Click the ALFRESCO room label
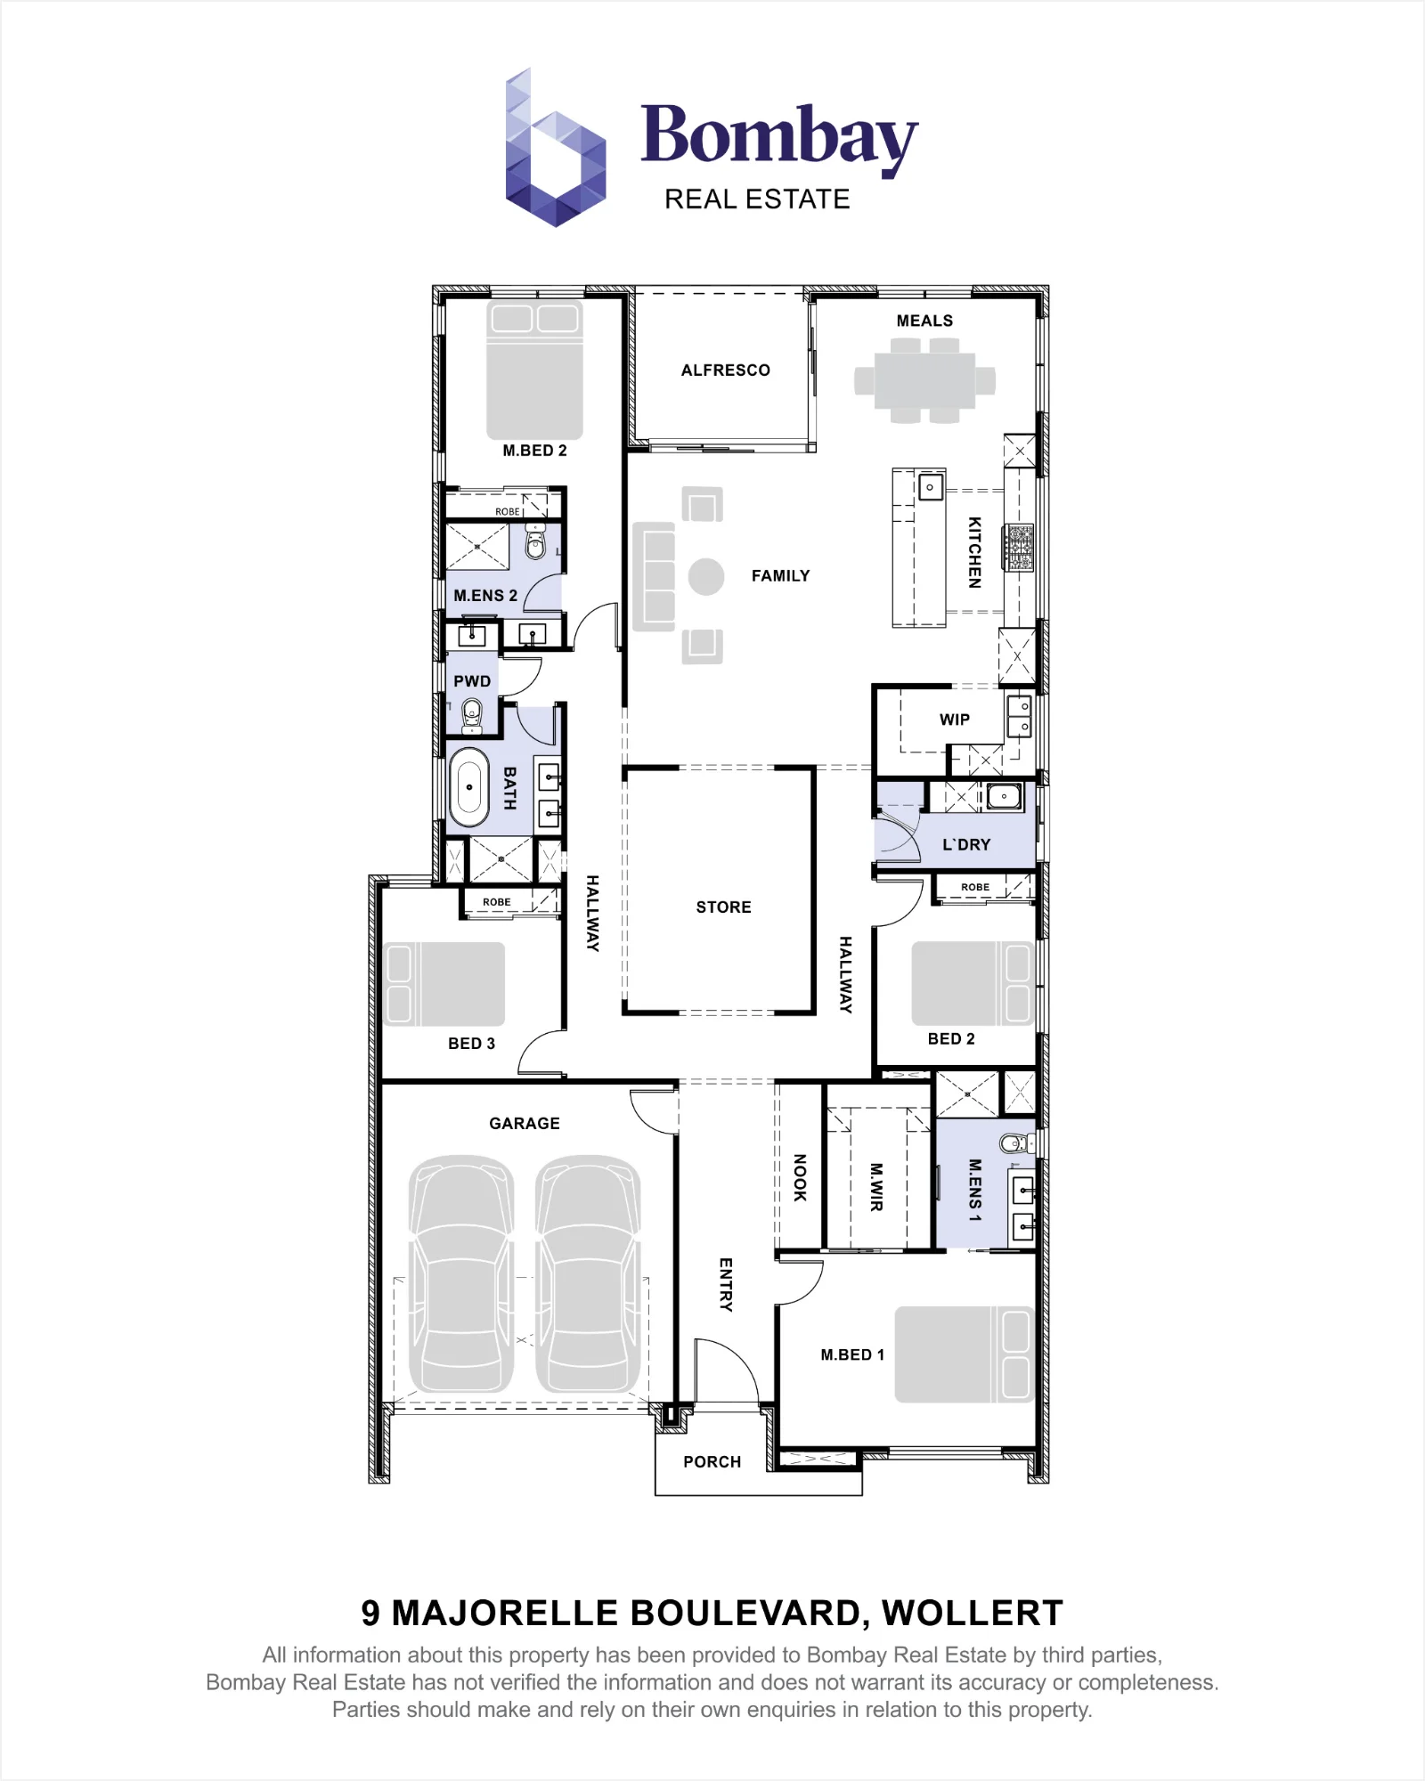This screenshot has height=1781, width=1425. pos(726,370)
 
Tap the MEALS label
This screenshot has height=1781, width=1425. pos(924,321)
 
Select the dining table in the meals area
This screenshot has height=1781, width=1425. pos(924,381)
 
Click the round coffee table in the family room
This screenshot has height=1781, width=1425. pos(706,577)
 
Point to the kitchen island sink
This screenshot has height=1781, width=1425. pos(931,487)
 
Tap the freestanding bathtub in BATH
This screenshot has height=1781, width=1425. pos(468,787)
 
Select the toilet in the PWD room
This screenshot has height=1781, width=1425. pos(472,716)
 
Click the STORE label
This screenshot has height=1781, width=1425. pos(724,907)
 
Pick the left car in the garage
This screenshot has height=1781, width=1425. pos(461,1273)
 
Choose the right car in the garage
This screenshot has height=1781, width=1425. pos(588,1273)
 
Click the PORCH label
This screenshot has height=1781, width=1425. pos(712,1462)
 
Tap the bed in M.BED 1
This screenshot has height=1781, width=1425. pos(965,1354)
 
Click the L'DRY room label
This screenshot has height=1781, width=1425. pos(966,845)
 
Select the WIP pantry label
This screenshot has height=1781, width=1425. pos(955,720)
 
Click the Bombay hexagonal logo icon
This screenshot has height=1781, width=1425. pos(556,148)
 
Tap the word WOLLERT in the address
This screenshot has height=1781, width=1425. pos(973,1614)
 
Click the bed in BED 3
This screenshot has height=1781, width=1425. pos(444,984)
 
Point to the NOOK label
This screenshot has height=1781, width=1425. pos(800,1177)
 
